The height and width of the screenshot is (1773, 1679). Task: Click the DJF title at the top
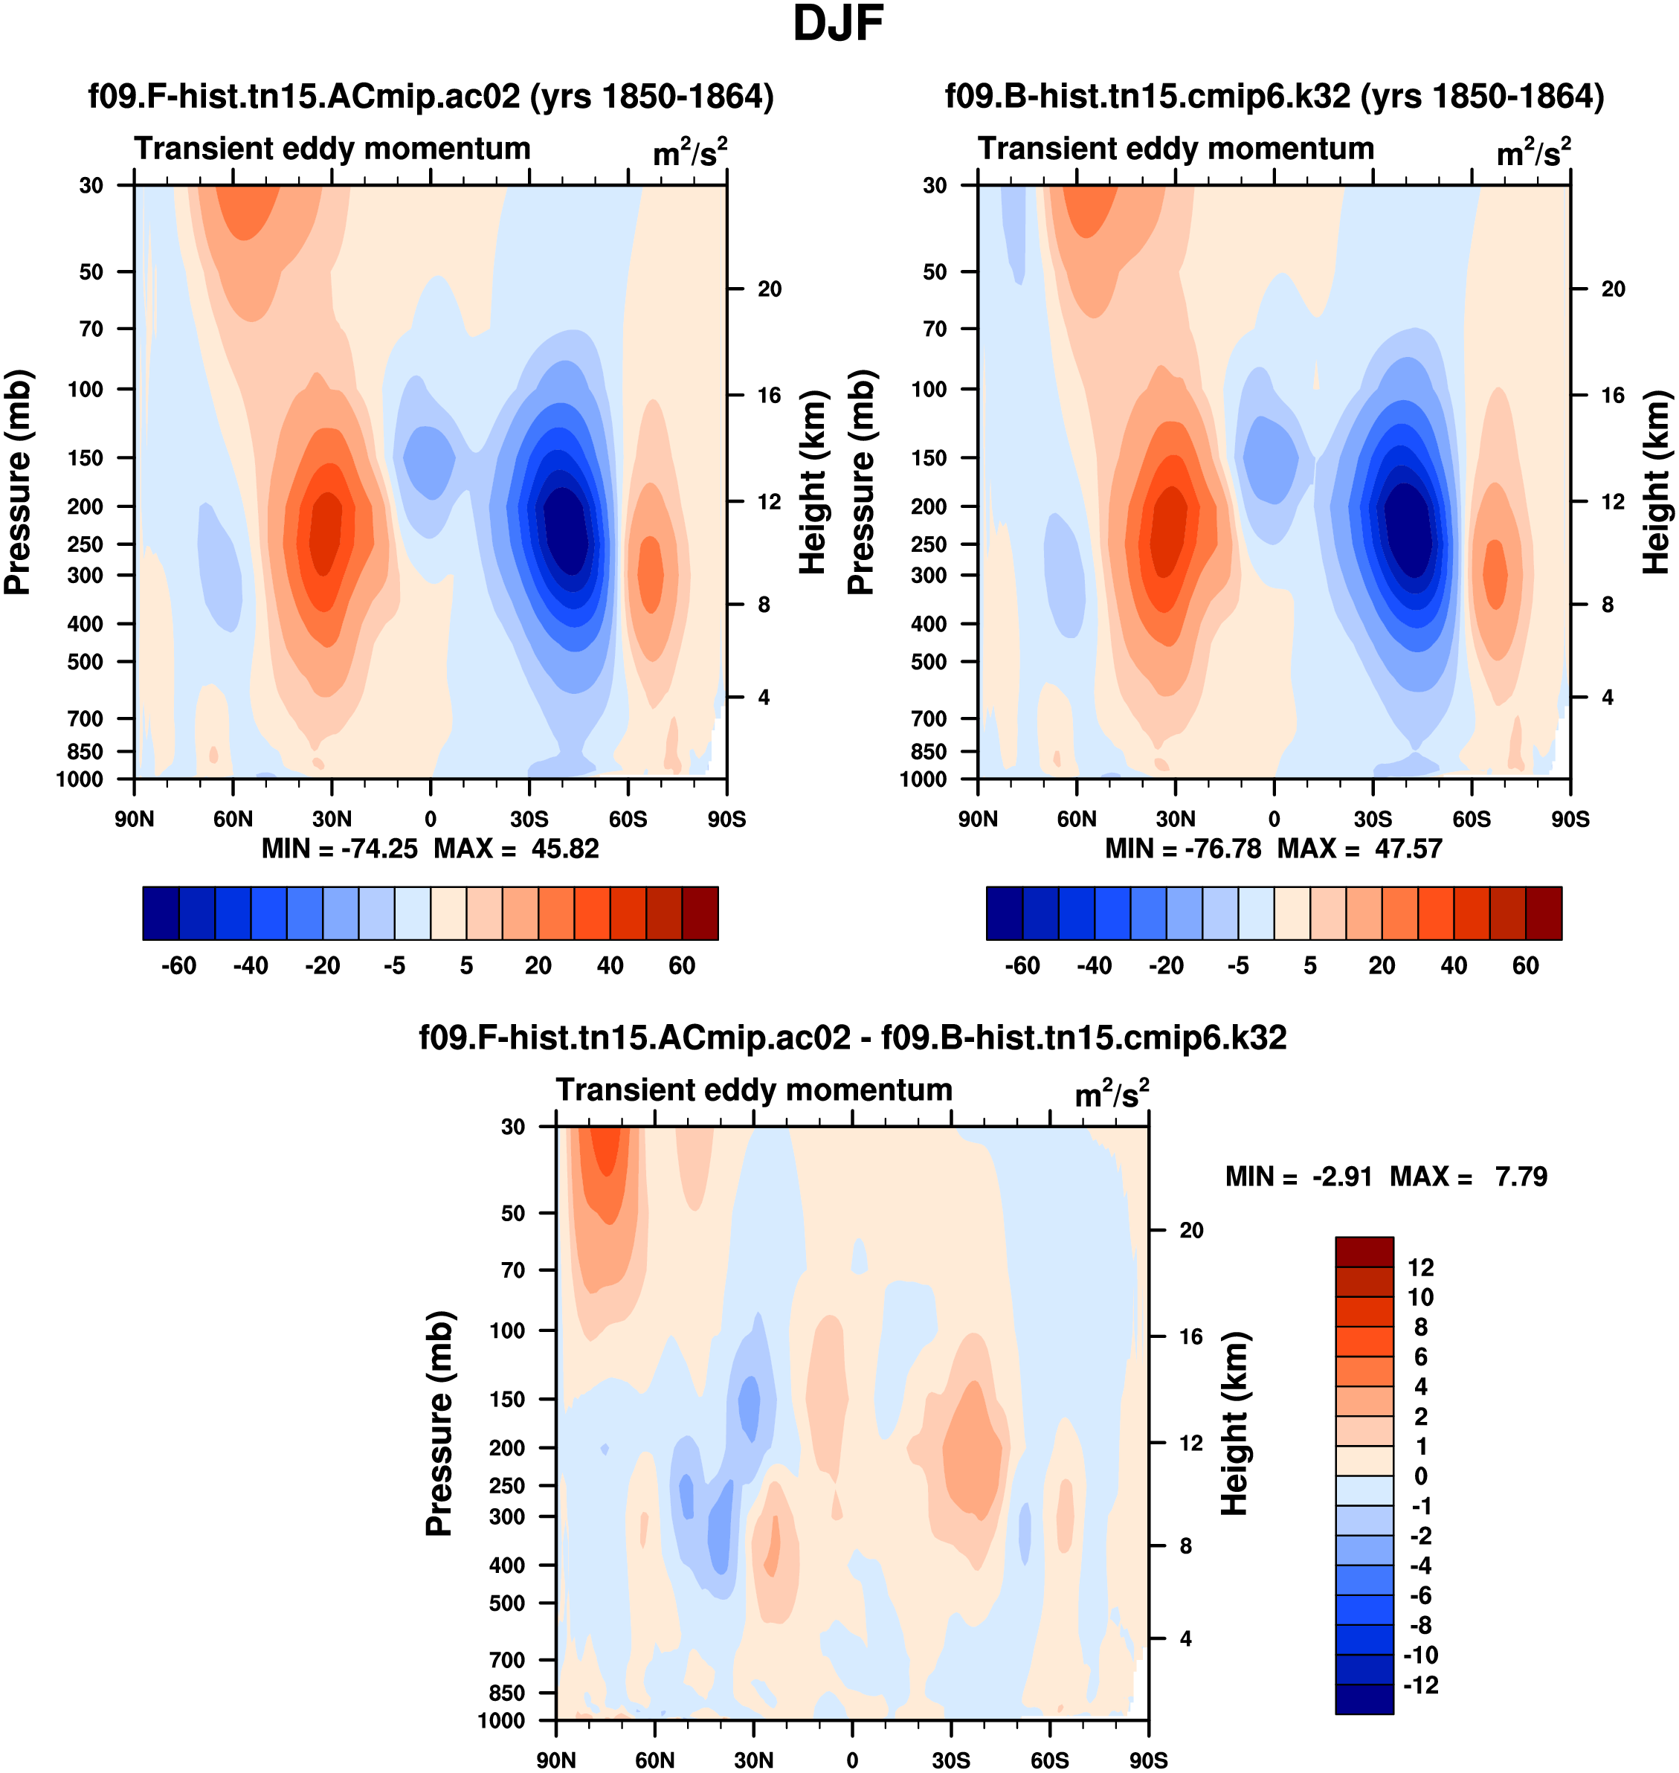coord(838,24)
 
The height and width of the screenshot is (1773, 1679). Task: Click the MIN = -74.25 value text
coord(339,849)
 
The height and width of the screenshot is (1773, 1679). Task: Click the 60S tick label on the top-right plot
coord(1472,819)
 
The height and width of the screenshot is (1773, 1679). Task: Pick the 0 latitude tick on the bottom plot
coord(852,1760)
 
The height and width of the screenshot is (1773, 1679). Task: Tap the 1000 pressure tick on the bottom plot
coord(500,1720)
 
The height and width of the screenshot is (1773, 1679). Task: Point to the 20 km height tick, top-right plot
coord(1613,289)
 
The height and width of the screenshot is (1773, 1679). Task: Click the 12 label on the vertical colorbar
coord(1420,1267)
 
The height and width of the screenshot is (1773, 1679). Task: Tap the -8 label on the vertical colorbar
coord(1420,1625)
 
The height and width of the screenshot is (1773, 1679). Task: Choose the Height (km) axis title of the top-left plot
coord(812,483)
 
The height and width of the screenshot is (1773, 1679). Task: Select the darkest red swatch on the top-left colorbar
coord(700,913)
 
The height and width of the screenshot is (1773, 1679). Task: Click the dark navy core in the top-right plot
coord(1409,528)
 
